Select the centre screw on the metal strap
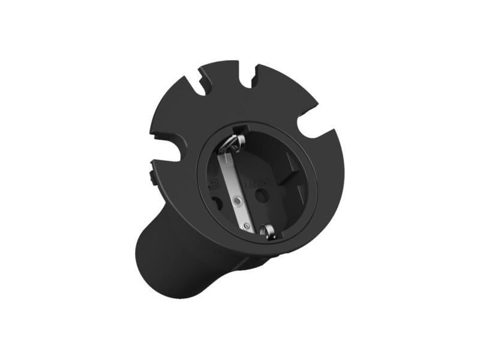coord(238,199)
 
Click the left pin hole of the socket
coord(217,203)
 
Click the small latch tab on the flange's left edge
coord(151,177)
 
